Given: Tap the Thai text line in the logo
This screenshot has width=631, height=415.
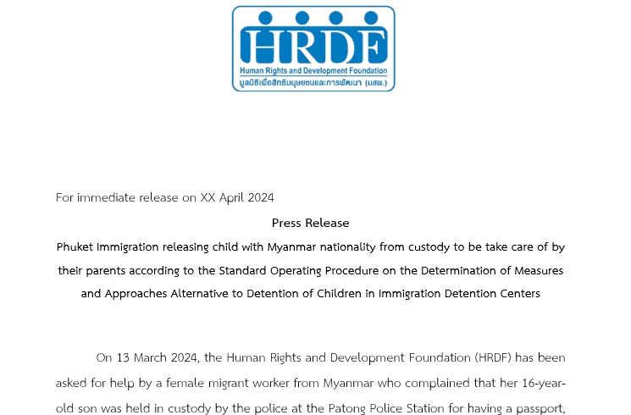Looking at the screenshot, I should [313, 83].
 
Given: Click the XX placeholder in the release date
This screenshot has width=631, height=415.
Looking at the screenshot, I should [208, 198].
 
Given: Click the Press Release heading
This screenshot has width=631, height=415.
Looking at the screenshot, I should [310, 224].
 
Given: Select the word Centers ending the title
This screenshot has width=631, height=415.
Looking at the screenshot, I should [518, 294].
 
